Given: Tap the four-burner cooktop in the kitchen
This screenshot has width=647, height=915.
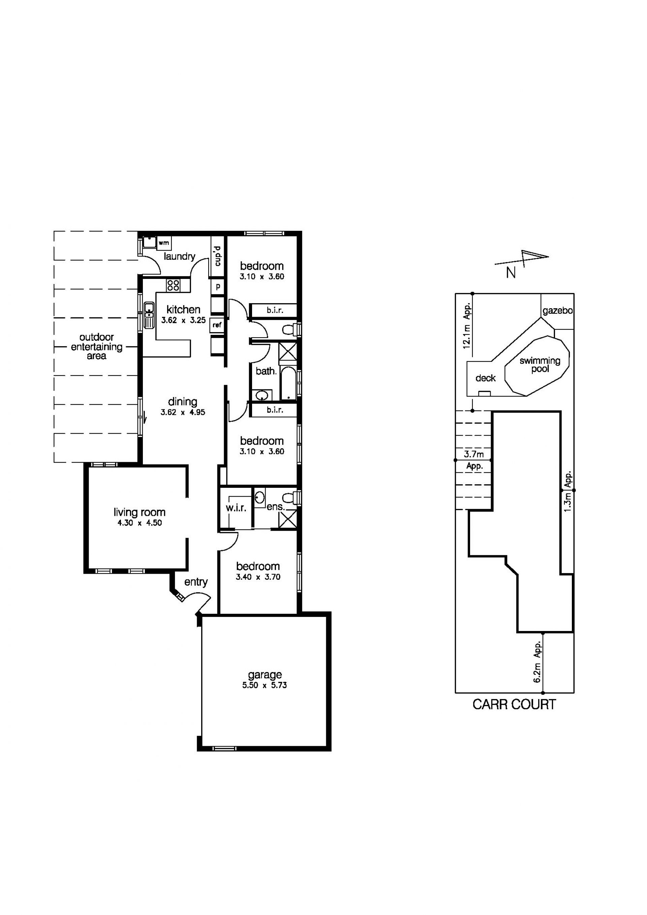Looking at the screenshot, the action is point(173,285).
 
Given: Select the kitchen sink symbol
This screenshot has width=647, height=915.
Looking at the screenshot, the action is point(149,315).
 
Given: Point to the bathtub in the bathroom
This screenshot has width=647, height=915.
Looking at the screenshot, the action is point(288,383).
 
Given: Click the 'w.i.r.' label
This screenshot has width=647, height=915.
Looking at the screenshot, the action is point(236,508).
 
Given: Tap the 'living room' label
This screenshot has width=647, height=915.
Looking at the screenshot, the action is point(140,512).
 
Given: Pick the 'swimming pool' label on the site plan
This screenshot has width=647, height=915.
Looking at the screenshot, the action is point(540,365).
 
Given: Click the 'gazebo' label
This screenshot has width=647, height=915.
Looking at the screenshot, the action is point(558,311).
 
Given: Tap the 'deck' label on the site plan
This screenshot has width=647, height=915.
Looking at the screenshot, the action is point(486,378).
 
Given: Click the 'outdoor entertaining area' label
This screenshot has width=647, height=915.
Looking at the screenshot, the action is point(96,346).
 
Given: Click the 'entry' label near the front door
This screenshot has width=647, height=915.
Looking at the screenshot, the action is point(196,582).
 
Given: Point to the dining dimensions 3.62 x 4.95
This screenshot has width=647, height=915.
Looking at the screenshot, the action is point(183,412).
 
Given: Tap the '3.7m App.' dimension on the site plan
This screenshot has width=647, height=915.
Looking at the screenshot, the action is point(474,460).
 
